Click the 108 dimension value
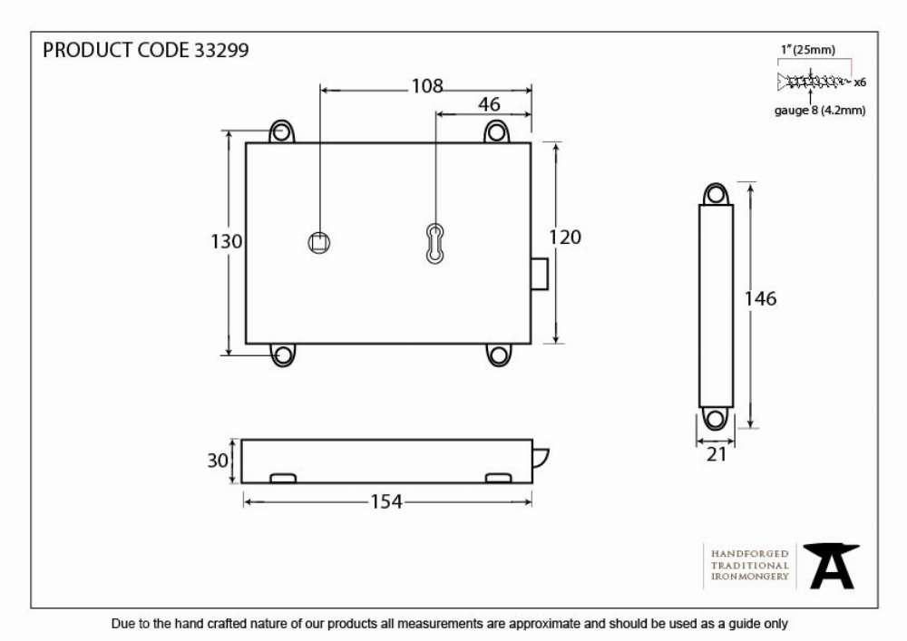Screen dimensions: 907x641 tap(427, 86)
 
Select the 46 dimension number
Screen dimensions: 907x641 tap(489, 104)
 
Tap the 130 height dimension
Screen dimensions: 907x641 tap(226, 241)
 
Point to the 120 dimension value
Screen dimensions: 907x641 tap(564, 237)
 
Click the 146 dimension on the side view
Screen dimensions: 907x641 tap(760, 299)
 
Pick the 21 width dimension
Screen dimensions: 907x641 tap(717, 454)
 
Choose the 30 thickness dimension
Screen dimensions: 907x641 tap(218, 461)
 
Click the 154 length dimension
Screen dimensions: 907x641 tap(386, 501)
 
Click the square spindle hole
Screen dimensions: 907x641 tap(319, 243)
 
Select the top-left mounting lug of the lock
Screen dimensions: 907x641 tap(282, 131)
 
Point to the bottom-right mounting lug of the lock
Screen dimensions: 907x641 tap(499, 354)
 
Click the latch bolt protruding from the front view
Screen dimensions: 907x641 tap(539, 274)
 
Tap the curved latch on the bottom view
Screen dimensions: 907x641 tap(541, 459)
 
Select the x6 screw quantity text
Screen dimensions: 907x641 tap(860, 83)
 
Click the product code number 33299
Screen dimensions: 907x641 tap(221, 50)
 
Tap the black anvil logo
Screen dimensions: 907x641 tap(831, 566)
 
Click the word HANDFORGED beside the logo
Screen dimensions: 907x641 tap(750, 554)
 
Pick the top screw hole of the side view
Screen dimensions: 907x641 tap(716, 194)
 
